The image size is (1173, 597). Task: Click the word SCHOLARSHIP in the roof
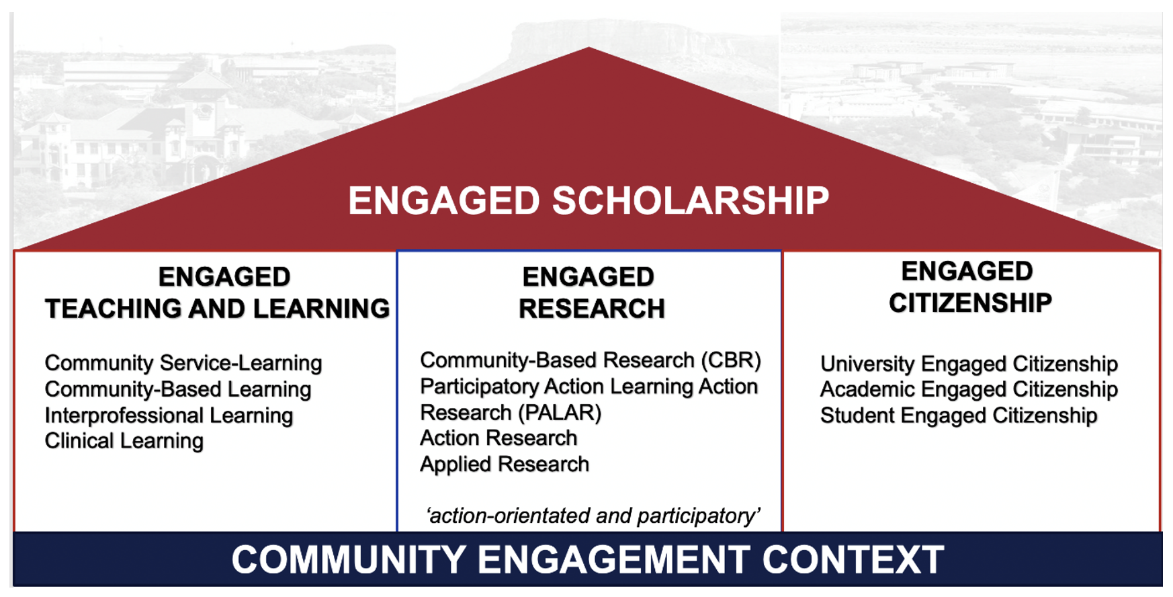click(691, 200)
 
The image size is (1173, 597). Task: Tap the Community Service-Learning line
click(183, 363)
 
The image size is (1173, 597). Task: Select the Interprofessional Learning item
click(169, 415)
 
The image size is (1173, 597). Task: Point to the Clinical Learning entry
click(124, 441)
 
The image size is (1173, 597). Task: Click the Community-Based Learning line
click(178, 389)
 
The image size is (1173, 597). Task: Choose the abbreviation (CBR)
click(731, 360)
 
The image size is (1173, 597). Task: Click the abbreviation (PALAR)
click(560, 412)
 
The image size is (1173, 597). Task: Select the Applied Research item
click(505, 465)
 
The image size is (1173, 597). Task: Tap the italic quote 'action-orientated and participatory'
click(593, 516)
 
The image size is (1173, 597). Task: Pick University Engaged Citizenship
click(969, 364)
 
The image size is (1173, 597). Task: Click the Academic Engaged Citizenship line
click(969, 389)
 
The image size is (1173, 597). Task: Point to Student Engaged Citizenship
click(959, 415)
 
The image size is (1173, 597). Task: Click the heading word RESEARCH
click(592, 309)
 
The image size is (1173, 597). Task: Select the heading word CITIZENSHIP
click(970, 303)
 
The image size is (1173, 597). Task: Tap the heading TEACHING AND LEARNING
click(217, 309)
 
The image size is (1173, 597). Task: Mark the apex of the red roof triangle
click(589, 47)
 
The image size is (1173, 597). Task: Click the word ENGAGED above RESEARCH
click(589, 277)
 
